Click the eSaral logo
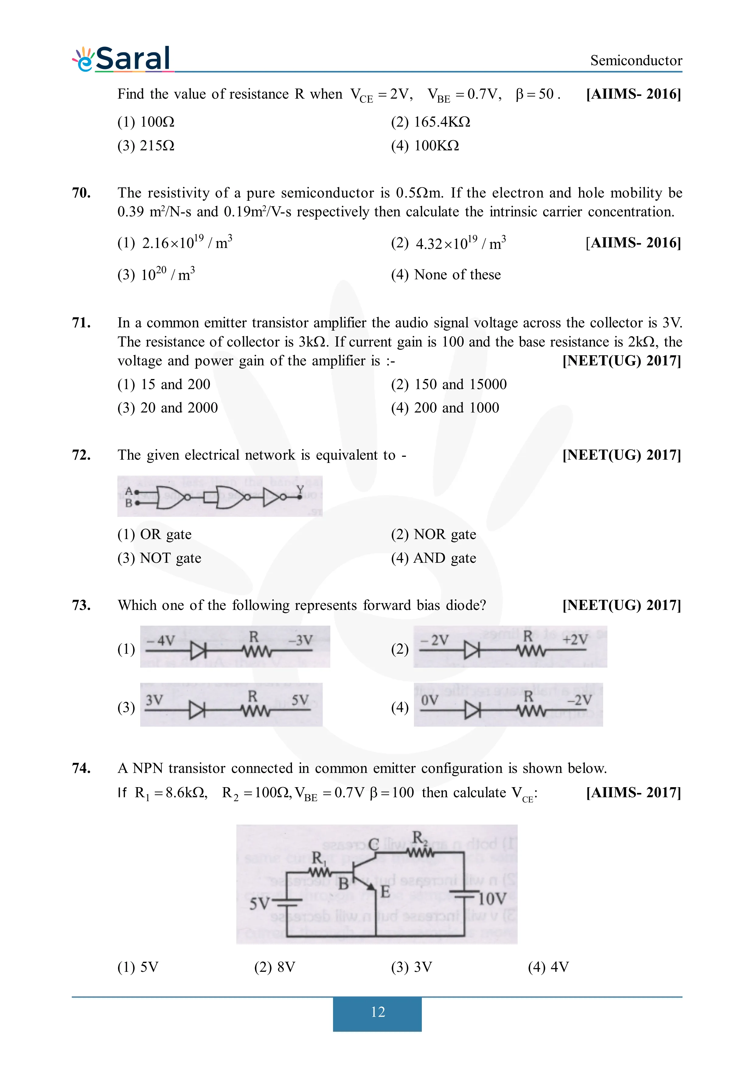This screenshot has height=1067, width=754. (122, 59)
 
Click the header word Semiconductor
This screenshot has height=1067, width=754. (636, 61)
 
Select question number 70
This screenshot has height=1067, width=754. (81, 193)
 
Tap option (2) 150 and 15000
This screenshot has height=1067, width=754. (448, 384)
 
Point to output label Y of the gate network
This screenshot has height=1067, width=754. (300, 489)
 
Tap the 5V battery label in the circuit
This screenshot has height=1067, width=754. (259, 903)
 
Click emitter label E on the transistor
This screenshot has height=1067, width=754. (385, 891)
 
